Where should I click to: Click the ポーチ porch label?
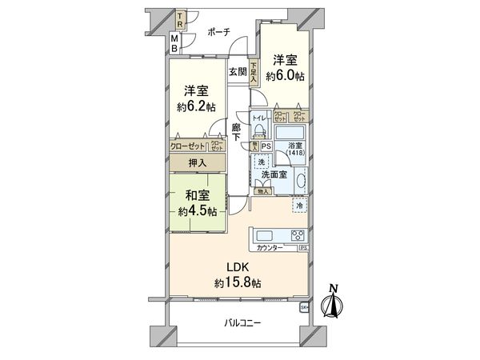218,32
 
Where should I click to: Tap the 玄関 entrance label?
238,70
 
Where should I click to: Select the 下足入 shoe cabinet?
254,74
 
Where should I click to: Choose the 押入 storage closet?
197,162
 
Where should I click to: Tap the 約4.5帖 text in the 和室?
197,211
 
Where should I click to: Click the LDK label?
238,266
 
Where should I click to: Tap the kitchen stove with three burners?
297,235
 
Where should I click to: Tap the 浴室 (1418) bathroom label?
296,149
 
